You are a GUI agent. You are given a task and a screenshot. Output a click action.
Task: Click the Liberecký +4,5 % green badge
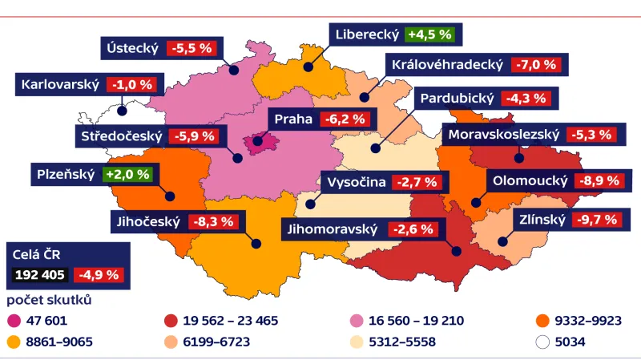[x=430, y=35]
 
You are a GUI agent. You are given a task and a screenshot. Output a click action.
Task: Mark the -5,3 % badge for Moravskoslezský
[x=593, y=135]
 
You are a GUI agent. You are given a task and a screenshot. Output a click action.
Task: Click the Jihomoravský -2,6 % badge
[x=413, y=229]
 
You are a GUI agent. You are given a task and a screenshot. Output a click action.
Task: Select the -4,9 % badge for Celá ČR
[x=99, y=274]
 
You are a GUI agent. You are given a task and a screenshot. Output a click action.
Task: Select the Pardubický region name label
[x=458, y=99]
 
